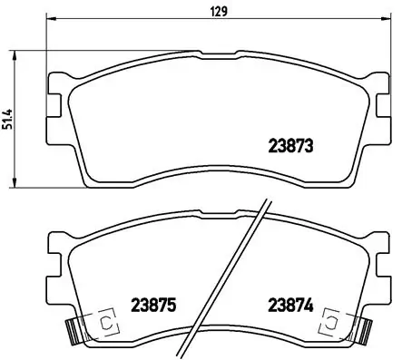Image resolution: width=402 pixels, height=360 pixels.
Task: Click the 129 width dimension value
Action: tap(220, 13)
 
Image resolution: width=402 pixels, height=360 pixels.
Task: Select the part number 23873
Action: tap(291, 144)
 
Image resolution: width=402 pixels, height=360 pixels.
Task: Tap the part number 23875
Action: tap(152, 306)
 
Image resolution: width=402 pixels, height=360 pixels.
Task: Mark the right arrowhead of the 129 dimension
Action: tap(387, 20)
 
